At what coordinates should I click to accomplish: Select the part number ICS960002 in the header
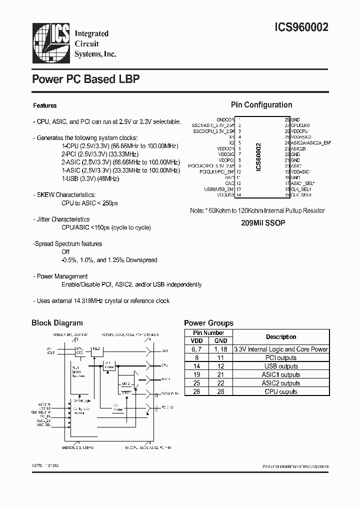click(x=301, y=28)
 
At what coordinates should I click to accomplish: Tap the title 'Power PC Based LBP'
click(x=85, y=79)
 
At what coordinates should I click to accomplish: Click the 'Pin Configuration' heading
click(x=261, y=105)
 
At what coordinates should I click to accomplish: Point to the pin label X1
click(x=231, y=136)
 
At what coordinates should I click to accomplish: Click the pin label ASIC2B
click(x=298, y=148)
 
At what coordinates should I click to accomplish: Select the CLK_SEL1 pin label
click(x=301, y=189)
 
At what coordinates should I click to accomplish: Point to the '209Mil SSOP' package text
click(x=263, y=223)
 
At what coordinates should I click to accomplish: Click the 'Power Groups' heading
click(x=208, y=323)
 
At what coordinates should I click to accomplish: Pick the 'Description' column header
click(x=281, y=337)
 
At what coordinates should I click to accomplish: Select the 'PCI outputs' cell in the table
click(x=281, y=358)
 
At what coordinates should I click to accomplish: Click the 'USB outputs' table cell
click(x=281, y=366)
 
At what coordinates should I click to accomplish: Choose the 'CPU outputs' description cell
click(x=281, y=391)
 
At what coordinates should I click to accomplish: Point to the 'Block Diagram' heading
click(x=57, y=323)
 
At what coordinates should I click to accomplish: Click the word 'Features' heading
click(x=44, y=105)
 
